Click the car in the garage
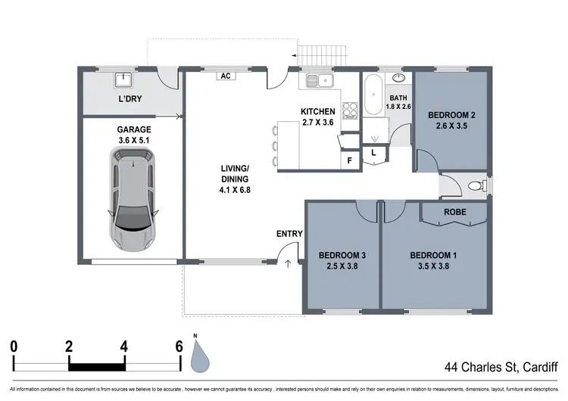coord(133,199)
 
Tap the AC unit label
coord(225,76)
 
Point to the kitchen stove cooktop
coord(351,110)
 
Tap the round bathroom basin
coord(399,78)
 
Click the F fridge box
coord(349,160)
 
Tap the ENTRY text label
coord(290,234)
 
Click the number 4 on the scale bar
coord(124,347)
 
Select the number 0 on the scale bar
coord(14,347)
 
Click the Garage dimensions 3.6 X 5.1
coord(133,141)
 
